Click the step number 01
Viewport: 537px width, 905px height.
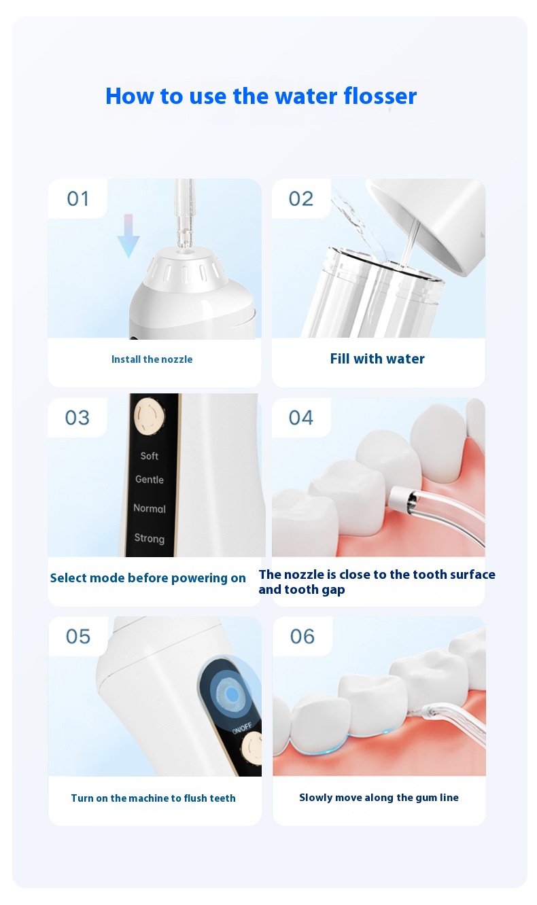pos(77,199)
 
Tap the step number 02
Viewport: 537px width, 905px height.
pos(301,199)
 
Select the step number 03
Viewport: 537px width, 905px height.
pos(77,418)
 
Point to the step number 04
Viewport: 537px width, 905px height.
pos(301,418)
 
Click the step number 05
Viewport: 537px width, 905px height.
pos(78,637)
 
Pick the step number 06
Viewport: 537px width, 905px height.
pos(302,637)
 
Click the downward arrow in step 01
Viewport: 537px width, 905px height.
pos(128,236)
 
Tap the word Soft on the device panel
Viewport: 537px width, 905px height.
pos(149,456)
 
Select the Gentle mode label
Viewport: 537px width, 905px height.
pos(150,480)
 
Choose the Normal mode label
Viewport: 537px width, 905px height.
pos(150,509)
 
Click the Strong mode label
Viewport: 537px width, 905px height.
pos(150,538)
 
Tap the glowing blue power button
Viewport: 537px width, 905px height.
pos(232,694)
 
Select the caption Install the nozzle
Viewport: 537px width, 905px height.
pos(152,359)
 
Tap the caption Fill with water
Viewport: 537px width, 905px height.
pos(377,359)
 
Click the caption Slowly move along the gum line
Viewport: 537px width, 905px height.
pos(379,797)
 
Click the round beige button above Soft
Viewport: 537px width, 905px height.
pos(150,416)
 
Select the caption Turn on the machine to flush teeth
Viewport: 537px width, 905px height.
pos(153,798)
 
